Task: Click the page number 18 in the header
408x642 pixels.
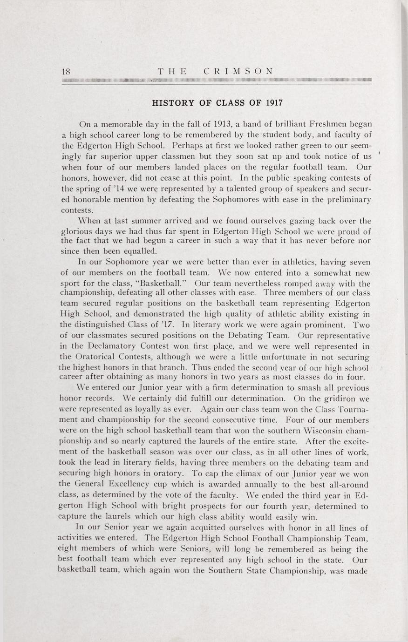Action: (66, 71)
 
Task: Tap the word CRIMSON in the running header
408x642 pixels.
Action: (238, 71)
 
